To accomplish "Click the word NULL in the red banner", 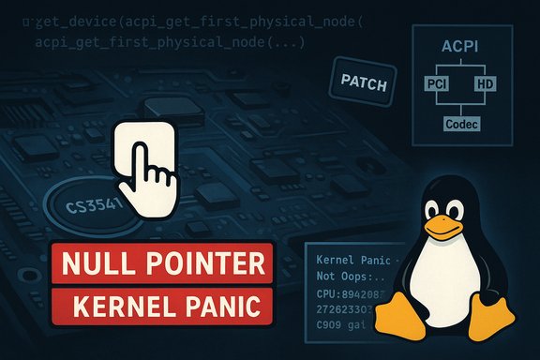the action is click(x=93, y=265).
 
